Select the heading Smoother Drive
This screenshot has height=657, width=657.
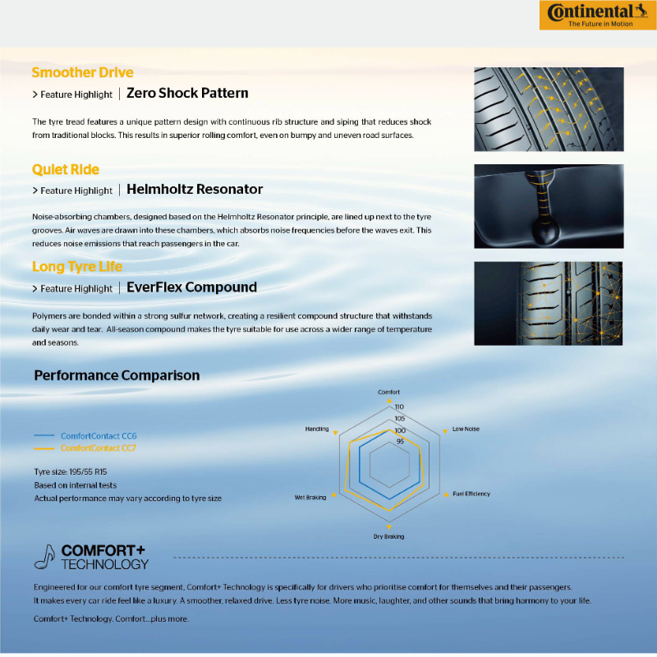tap(82, 72)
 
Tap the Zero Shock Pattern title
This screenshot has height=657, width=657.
tap(187, 94)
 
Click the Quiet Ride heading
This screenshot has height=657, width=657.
tap(66, 170)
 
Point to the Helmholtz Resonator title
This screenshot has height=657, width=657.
tap(195, 190)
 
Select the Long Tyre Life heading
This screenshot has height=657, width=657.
tap(77, 267)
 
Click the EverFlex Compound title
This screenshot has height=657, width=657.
tap(191, 287)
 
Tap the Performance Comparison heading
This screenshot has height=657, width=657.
tap(117, 375)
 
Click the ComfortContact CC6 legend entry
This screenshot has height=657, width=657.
tap(99, 435)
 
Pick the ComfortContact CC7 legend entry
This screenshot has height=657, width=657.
tap(99, 448)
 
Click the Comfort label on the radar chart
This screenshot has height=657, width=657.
tap(389, 393)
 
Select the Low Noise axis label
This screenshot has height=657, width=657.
tap(466, 430)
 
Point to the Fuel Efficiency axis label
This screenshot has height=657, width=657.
tap(471, 494)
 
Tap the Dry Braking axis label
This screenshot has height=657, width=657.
tap(389, 536)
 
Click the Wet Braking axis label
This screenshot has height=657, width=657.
tap(310, 498)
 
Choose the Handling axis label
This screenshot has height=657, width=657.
tap(317, 430)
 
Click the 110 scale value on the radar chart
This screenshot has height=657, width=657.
tap(399, 407)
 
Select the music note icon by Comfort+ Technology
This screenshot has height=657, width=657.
tap(45, 557)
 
